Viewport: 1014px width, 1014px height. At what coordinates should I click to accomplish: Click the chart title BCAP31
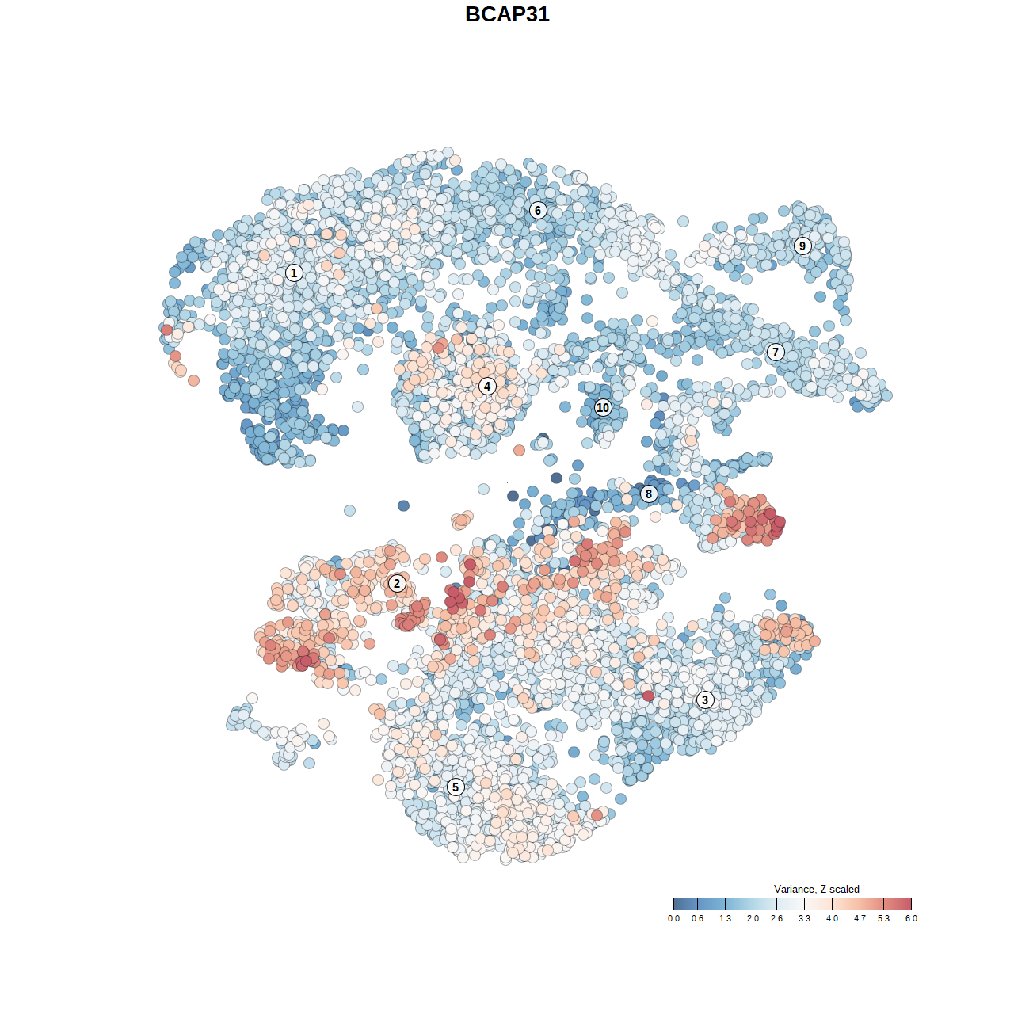point(507,14)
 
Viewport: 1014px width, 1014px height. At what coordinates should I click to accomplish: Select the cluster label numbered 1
point(294,273)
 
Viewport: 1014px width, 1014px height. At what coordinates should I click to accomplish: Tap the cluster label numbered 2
point(397,584)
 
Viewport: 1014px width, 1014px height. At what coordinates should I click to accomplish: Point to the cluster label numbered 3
point(705,700)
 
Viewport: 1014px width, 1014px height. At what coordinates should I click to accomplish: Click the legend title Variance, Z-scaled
point(816,890)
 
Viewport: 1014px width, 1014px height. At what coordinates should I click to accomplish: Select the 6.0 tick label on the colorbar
point(911,918)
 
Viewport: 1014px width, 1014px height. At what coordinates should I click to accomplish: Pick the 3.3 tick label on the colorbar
point(804,918)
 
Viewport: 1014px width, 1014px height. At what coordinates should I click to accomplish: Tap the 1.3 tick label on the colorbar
point(725,918)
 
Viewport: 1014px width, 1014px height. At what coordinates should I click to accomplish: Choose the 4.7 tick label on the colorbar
point(860,918)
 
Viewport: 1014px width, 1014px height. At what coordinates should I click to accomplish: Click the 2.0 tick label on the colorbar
point(753,918)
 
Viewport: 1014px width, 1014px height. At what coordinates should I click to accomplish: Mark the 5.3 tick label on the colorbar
point(883,918)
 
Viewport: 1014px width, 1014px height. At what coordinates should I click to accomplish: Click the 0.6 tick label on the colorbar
point(697,918)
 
